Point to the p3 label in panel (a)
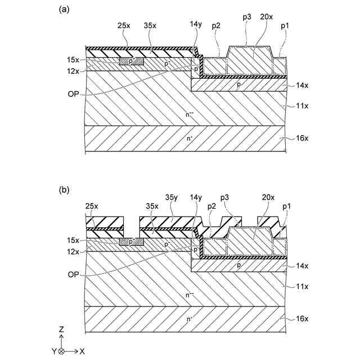coord(247,17)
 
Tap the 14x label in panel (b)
coord(301,266)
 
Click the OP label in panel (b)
coord(72,274)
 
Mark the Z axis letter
coord(60,328)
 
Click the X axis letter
coord(82,351)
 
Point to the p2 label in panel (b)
coord(213,206)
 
